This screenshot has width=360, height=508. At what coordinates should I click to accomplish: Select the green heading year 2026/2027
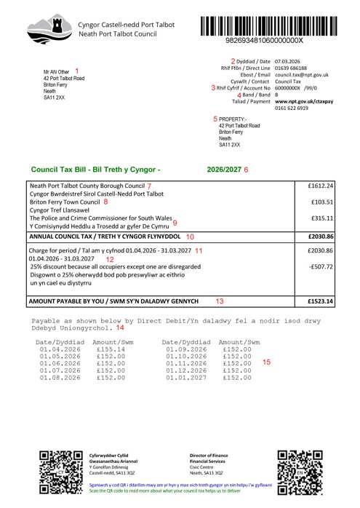224,169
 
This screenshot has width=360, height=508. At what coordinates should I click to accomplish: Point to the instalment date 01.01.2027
181,378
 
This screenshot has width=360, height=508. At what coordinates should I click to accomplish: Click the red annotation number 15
266,362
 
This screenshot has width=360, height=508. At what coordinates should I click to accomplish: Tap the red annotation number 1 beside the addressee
76,71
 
